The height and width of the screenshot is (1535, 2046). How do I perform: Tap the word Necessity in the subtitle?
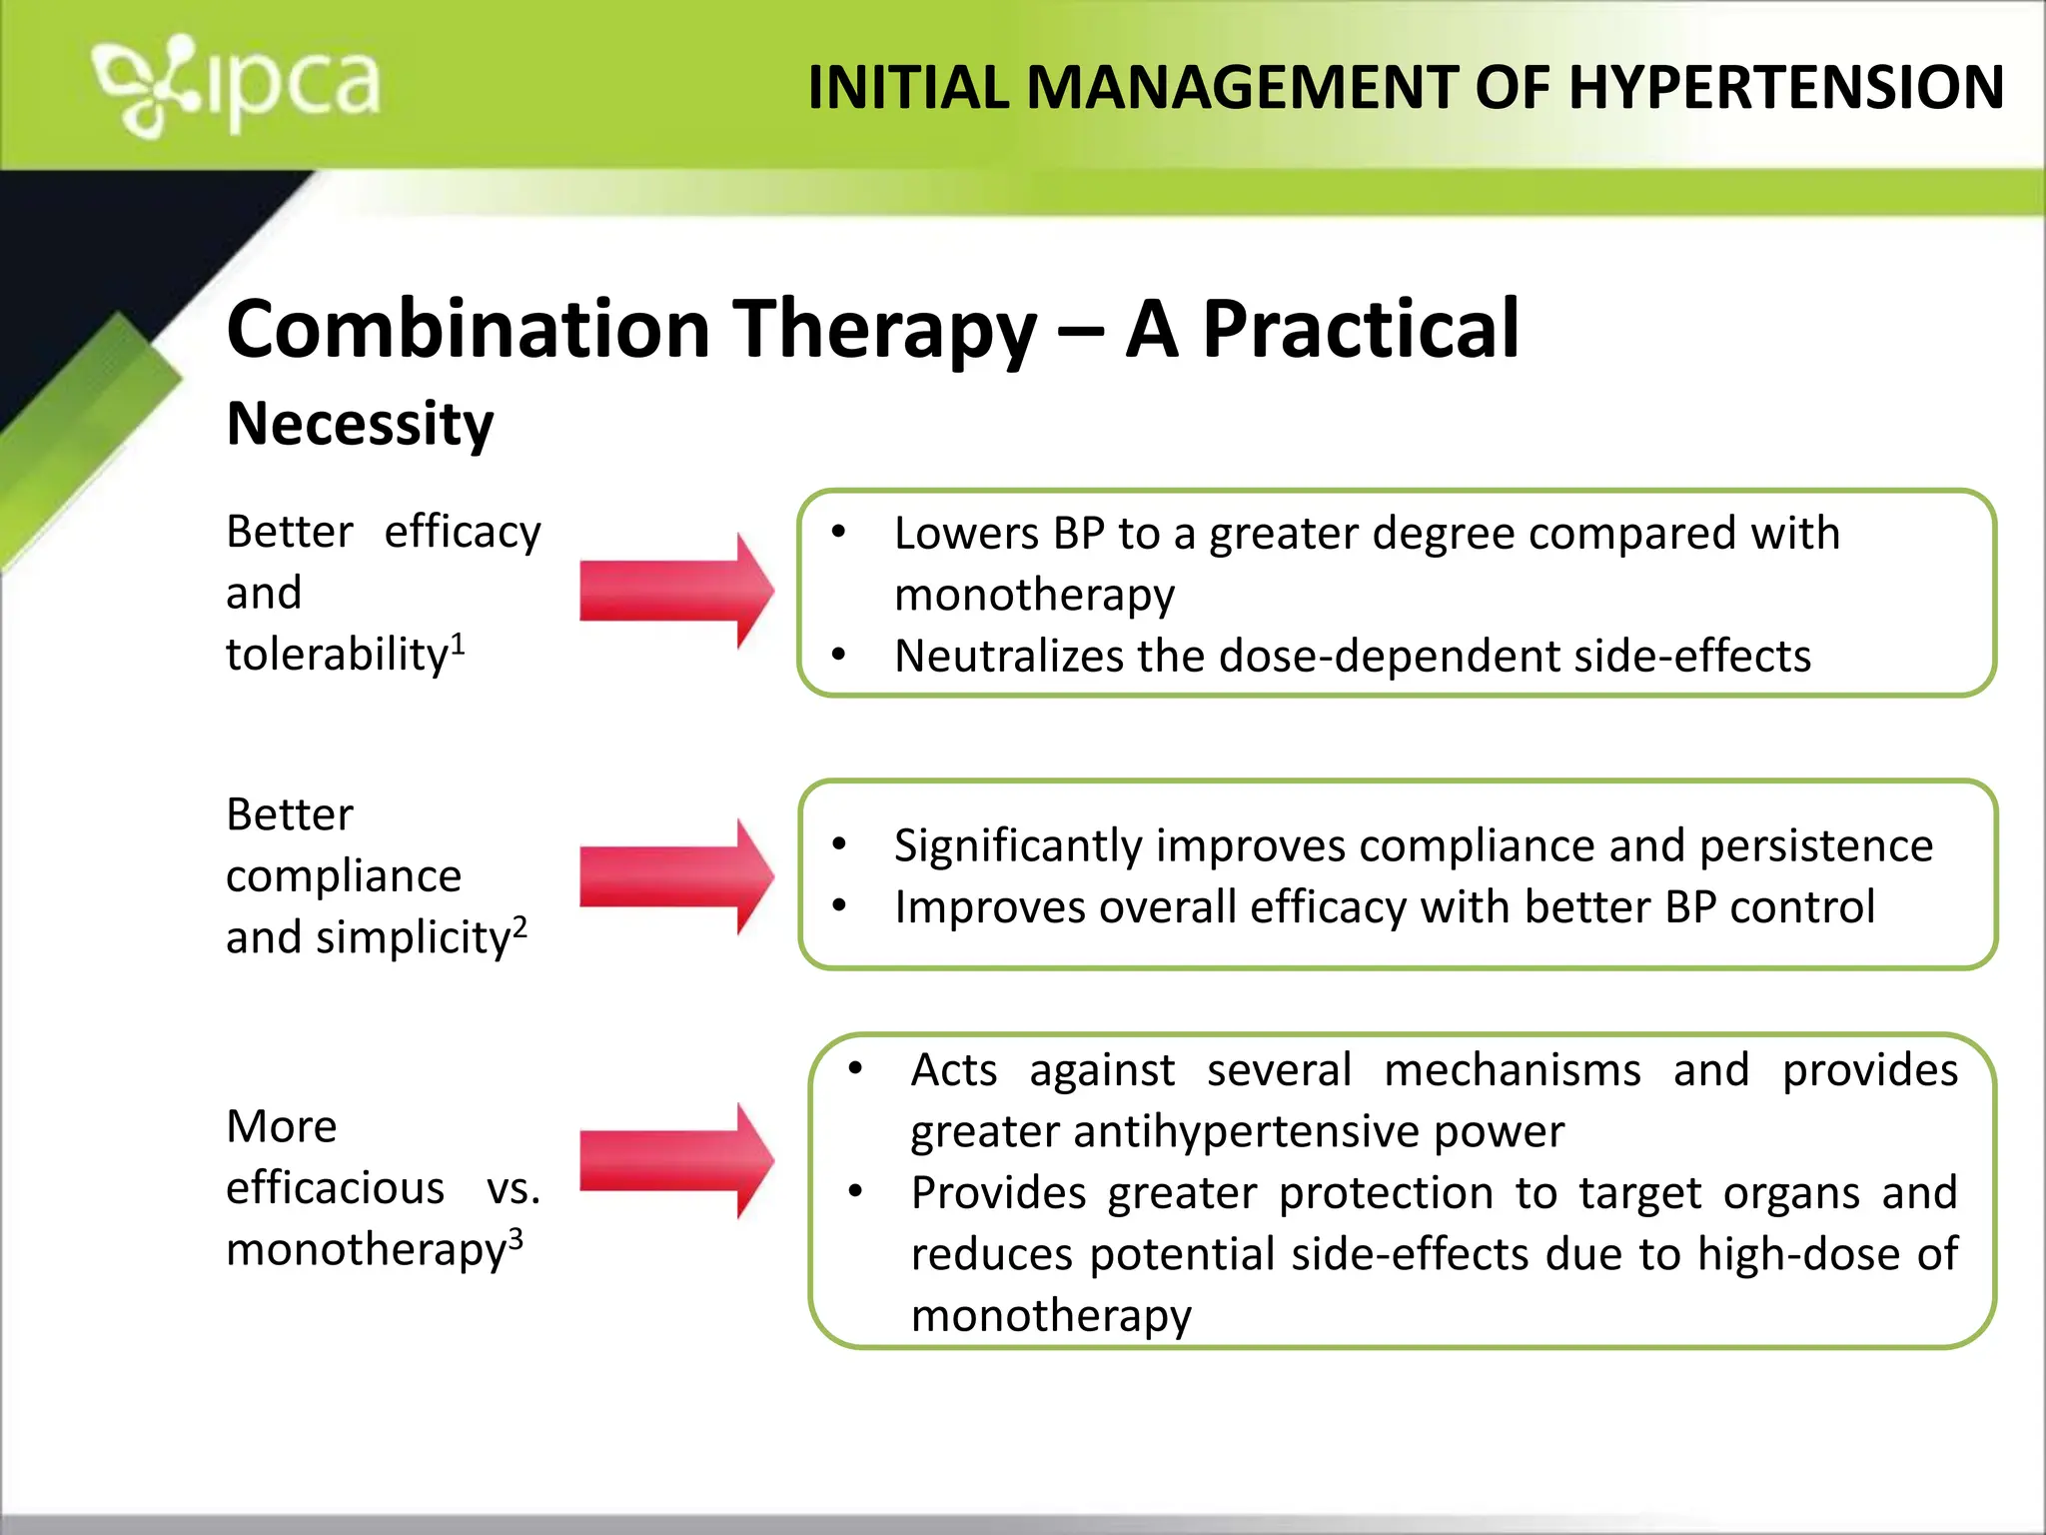[360, 424]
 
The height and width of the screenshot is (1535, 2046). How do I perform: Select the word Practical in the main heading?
[1360, 329]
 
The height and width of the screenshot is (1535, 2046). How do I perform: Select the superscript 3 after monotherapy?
[515, 1238]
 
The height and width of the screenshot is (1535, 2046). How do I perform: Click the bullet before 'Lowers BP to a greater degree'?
[839, 532]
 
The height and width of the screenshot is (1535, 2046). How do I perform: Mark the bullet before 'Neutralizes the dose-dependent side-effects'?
[839, 655]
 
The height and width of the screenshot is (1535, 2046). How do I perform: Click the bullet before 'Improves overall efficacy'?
[839, 906]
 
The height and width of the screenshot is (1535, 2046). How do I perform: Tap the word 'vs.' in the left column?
[512, 1188]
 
